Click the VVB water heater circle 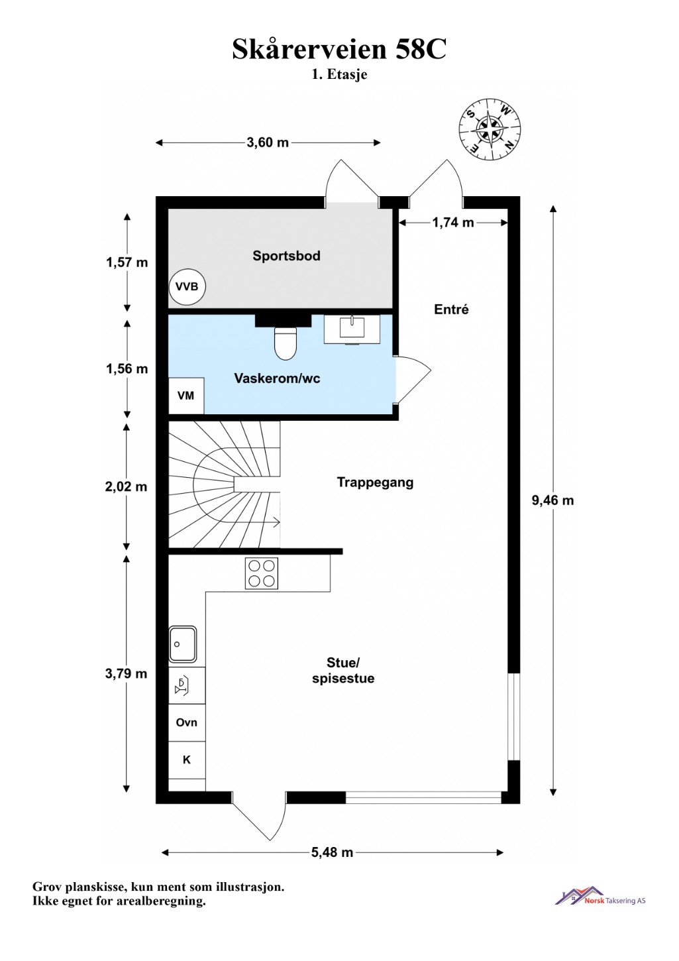click(x=187, y=286)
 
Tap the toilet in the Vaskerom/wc click(x=286, y=343)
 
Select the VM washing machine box click(x=186, y=396)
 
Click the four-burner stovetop click(x=261, y=573)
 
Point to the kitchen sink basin click(x=183, y=644)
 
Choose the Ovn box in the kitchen click(x=187, y=722)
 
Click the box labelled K click(x=187, y=760)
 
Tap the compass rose click(x=490, y=129)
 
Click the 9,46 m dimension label click(x=552, y=500)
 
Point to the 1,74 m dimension click(x=453, y=222)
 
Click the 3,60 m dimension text click(x=268, y=142)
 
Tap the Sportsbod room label click(x=286, y=256)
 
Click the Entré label click(x=451, y=310)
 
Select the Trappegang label click(x=375, y=482)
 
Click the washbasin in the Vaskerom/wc click(x=352, y=329)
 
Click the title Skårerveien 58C click(x=339, y=49)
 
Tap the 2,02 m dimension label click(x=126, y=486)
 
